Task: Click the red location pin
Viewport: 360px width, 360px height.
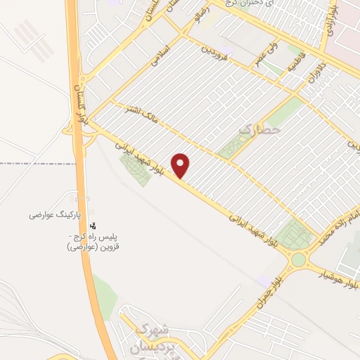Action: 181,165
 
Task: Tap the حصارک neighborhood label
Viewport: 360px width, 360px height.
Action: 260,129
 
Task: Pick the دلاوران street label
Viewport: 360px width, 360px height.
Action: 309,82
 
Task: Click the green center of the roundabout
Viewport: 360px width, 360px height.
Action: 298,260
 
